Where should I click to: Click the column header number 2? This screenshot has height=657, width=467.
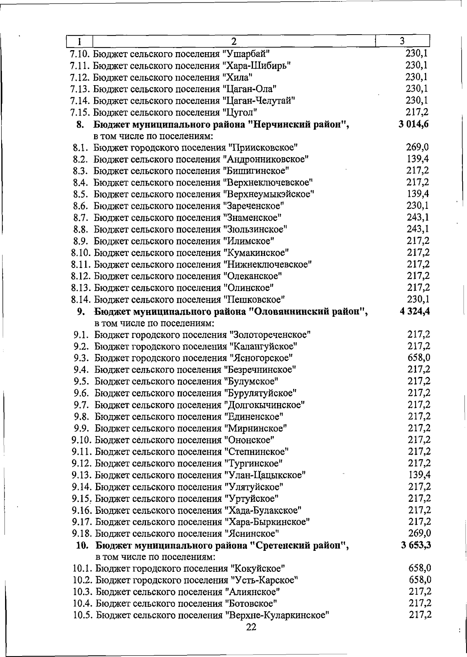click(233, 41)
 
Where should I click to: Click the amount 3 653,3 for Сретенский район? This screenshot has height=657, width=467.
click(416, 545)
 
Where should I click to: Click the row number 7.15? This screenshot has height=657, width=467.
click(80, 113)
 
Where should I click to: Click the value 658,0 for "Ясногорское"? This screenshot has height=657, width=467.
click(419, 357)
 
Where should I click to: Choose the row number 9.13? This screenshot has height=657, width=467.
click(82, 475)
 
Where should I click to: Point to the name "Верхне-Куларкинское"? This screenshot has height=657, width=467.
click(277, 615)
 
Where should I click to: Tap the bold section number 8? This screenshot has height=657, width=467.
click(80, 124)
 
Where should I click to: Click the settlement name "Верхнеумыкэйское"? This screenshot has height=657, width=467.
click(269, 194)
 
